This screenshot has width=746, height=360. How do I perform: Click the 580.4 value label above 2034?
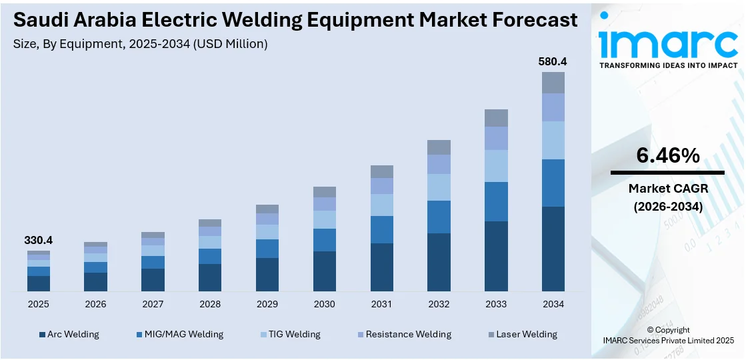(553, 62)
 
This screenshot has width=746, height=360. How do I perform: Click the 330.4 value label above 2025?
(39, 240)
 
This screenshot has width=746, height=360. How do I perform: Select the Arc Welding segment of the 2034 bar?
(553, 249)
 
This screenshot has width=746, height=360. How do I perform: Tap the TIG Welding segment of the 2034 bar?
(553, 140)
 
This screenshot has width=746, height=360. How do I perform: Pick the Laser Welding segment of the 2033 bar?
(496, 118)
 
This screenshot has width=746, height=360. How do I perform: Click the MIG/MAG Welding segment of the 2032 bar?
(439, 217)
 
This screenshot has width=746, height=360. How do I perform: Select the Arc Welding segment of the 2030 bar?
(325, 271)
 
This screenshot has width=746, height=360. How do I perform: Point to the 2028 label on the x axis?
(210, 304)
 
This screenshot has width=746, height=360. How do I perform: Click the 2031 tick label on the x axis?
(381, 304)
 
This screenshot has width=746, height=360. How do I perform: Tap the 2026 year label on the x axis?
(95, 304)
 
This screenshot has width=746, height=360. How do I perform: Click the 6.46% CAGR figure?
(668, 155)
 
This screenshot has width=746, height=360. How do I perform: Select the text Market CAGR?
(668, 189)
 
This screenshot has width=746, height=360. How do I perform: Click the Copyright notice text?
(669, 330)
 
